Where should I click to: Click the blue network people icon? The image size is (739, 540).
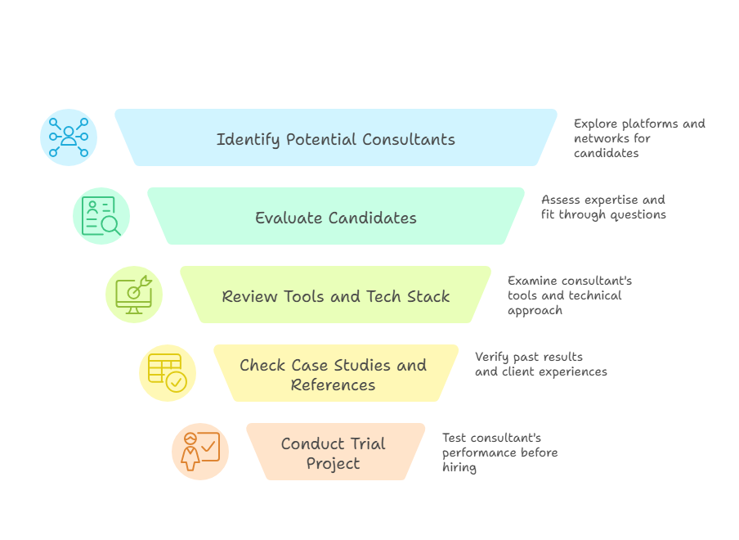pos(69,137)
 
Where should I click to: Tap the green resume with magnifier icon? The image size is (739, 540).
pos(101,216)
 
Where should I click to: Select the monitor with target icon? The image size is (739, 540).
pos(134,295)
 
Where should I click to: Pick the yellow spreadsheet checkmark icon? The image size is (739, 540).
pos(168,373)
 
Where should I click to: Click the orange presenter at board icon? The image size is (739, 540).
pos(200,452)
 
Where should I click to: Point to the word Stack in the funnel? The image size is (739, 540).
pos(428,296)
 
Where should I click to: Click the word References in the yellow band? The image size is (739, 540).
pos(333,385)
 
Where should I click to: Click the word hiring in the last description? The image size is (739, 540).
pos(459,467)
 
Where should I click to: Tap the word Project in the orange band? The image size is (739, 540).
pos(333,463)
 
